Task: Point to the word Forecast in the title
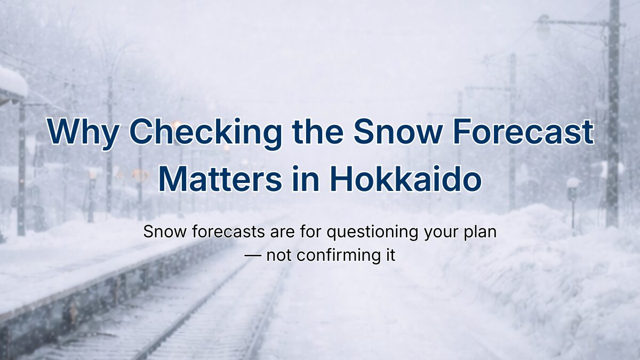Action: (523, 132)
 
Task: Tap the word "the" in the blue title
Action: (318, 132)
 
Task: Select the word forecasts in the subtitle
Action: (228, 231)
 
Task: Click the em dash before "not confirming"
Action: (253, 255)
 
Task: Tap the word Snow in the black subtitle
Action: (165, 231)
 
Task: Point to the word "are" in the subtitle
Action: (282, 233)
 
